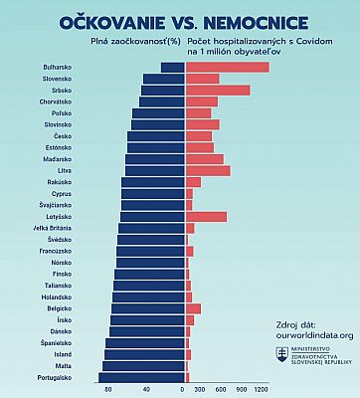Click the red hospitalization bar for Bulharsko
227,67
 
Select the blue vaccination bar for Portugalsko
141,377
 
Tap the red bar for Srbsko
217,91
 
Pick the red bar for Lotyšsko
206,216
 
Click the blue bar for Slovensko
164,79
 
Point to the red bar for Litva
208,170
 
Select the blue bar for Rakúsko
153,182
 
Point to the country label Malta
62,366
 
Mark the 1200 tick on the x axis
262,389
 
